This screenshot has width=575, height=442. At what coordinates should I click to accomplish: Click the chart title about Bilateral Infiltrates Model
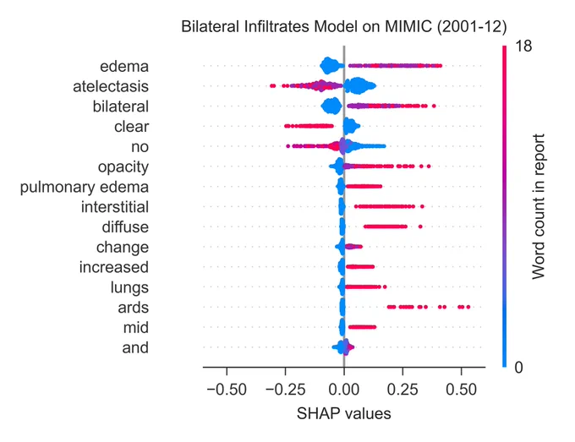(x=344, y=27)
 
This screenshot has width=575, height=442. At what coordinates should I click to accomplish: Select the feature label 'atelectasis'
(x=111, y=86)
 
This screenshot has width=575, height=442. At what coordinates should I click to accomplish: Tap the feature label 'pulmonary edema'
(x=85, y=188)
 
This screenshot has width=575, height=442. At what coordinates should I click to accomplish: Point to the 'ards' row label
(x=133, y=308)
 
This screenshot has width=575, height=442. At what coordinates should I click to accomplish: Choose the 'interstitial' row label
(x=115, y=207)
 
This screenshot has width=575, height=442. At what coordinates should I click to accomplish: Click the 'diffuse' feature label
(x=125, y=227)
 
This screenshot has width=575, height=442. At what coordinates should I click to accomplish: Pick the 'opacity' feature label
(x=123, y=167)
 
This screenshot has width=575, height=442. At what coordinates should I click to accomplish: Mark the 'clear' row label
(x=132, y=127)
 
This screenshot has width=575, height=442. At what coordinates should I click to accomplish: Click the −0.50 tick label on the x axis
(x=227, y=390)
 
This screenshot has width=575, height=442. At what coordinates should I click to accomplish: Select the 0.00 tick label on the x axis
(x=344, y=390)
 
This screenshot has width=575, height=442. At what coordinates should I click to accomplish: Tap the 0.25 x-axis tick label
(x=402, y=390)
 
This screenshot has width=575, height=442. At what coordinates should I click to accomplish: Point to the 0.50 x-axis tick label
(x=462, y=390)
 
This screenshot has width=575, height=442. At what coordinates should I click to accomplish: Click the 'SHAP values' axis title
(x=344, y=414)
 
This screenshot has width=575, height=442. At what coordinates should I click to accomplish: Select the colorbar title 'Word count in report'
(x=539, y=207)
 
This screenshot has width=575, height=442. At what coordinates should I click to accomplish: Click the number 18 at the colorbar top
(x=523, y=46)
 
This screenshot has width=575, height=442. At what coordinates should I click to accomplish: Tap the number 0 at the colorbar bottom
(x=518, y=368)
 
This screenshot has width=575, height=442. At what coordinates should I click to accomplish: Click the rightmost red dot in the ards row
(x=468, y=307)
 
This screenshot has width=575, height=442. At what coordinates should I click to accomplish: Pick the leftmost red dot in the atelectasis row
(x=271, y=85)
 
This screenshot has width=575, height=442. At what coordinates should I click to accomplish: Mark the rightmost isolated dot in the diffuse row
(x=420, y=226)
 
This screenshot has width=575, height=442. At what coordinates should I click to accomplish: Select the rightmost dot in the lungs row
(x=385, y=287)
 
